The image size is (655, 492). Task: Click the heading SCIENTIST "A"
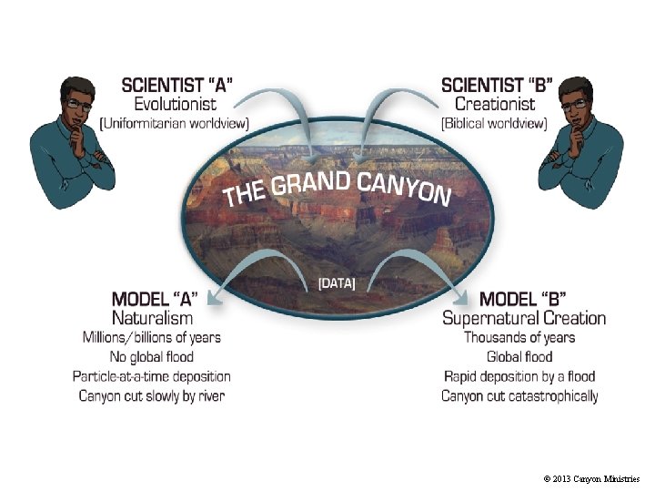[176, 85]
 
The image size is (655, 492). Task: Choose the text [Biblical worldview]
[493, 122]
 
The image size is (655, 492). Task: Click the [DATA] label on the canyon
[337, 283]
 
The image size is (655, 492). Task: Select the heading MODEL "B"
[523, 299]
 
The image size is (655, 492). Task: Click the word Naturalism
[152, 318]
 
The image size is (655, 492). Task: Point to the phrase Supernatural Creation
[523, 318]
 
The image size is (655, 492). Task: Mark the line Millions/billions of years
[152, 337]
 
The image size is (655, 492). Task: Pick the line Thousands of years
[519, 337]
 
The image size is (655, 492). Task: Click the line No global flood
[152, 356]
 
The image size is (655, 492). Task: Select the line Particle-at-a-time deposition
[152, 375]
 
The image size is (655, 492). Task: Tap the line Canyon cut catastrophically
[519, 395]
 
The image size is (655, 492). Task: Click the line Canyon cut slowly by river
[152, 395]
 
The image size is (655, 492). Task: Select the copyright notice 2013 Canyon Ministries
[591, 478]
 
